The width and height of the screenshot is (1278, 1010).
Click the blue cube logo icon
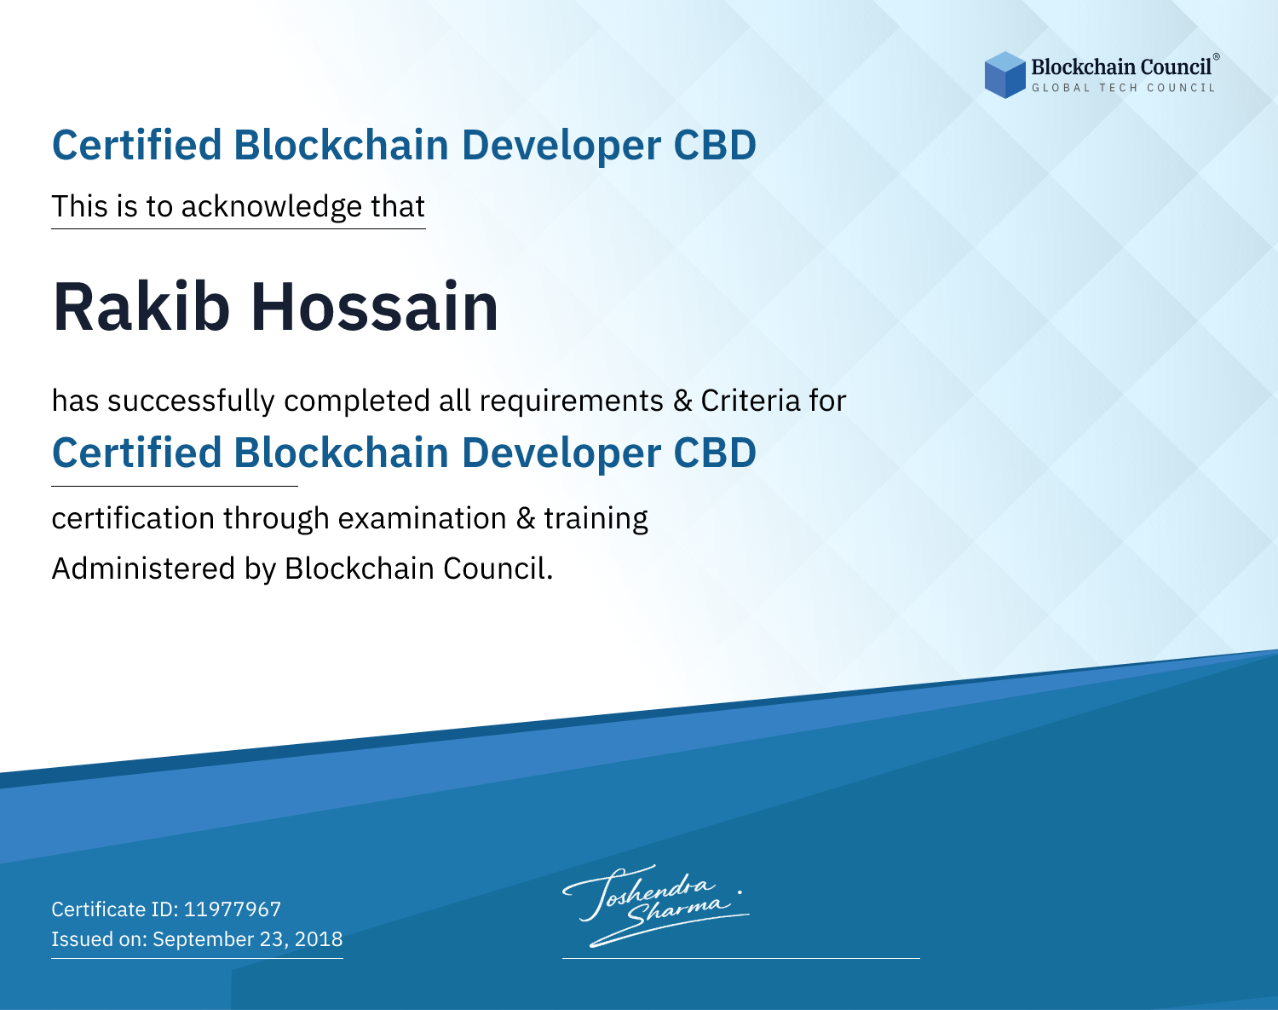1005,74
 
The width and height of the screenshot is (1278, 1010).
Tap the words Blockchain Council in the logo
1121,67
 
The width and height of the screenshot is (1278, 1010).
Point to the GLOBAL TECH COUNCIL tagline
1124,88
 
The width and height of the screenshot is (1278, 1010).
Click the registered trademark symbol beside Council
1216,57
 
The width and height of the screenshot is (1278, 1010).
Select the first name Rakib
141,307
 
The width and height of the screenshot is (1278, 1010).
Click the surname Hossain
374,307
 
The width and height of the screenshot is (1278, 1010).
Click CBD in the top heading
715,145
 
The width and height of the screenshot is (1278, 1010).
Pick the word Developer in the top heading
561,146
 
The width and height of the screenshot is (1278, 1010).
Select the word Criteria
750,401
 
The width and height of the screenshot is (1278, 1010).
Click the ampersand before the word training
526,518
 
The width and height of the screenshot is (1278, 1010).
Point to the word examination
423,518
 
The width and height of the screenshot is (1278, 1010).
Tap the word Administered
143,568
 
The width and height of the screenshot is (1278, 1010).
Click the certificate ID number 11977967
233,909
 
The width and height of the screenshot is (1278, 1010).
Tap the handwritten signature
656,905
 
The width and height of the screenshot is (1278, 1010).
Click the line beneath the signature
740,958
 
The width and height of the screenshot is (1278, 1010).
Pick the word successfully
191,401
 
